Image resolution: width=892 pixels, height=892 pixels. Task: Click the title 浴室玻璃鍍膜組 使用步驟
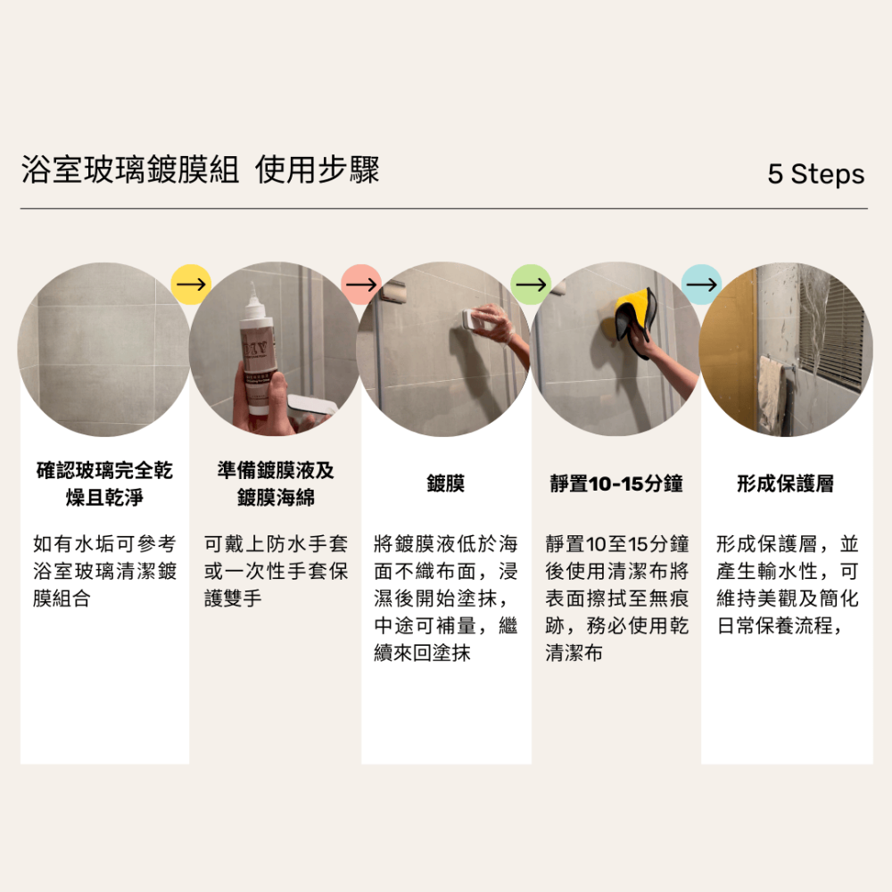[x=201, y=169]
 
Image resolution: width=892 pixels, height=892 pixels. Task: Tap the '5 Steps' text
[x=815, y=174]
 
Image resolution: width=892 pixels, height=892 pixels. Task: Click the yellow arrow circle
[x=191, y=284]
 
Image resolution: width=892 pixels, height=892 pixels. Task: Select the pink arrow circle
[x=361, y=284]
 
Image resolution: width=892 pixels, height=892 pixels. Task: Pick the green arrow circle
[x=531, y=284]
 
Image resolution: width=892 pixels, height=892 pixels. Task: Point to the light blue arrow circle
[x=701, y=284]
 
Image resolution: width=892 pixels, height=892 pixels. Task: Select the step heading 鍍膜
[x=446, y=484]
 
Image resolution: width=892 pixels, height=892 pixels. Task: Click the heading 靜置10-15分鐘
[x=616, y=484]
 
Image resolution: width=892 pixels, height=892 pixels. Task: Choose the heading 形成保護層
[x=786, y=484]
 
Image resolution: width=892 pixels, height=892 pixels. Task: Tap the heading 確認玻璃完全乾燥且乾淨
[x=105, y=483]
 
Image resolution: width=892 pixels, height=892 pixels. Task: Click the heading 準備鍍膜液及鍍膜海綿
[x=276, y=483]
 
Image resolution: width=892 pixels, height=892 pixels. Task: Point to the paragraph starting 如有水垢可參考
[x=105, y=571]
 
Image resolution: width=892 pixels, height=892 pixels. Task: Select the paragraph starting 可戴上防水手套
[x=276, y=571]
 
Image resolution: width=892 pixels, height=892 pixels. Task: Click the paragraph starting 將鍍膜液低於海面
[x=446, y=598]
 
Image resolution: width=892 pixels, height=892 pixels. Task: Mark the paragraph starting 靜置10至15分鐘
[x=616, y=598]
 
